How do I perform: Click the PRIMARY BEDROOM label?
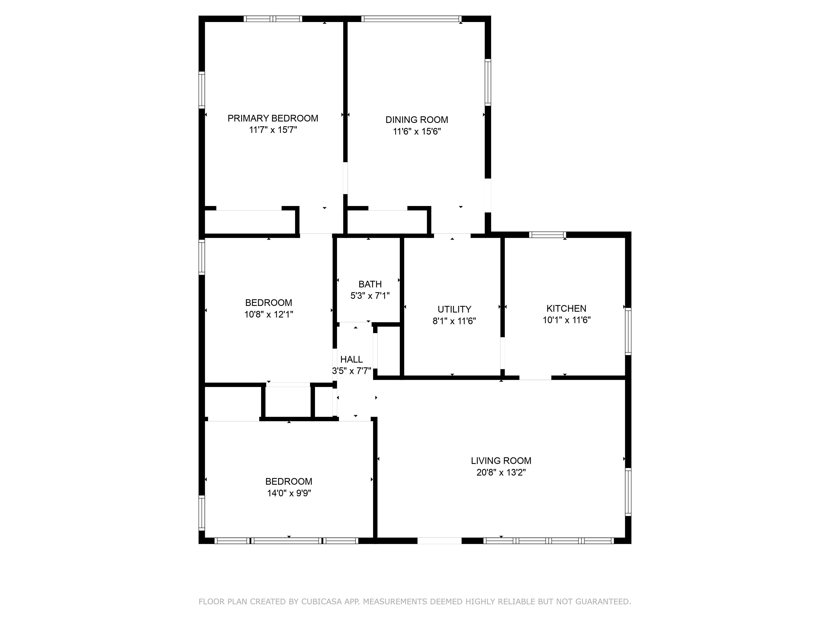273,118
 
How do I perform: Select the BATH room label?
370,284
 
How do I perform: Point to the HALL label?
352,359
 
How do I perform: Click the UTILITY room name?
454,309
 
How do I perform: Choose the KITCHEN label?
566,309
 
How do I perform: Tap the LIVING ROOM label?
501,461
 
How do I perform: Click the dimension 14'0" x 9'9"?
289,493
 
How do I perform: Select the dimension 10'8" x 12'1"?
269,314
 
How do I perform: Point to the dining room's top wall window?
411,19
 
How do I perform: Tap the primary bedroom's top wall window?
273,19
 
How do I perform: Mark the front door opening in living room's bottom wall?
439,541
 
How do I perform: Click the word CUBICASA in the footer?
321,602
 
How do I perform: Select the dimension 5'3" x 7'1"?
370,296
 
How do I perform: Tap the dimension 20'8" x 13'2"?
501,472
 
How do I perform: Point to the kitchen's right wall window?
628,331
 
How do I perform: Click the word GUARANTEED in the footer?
603,602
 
